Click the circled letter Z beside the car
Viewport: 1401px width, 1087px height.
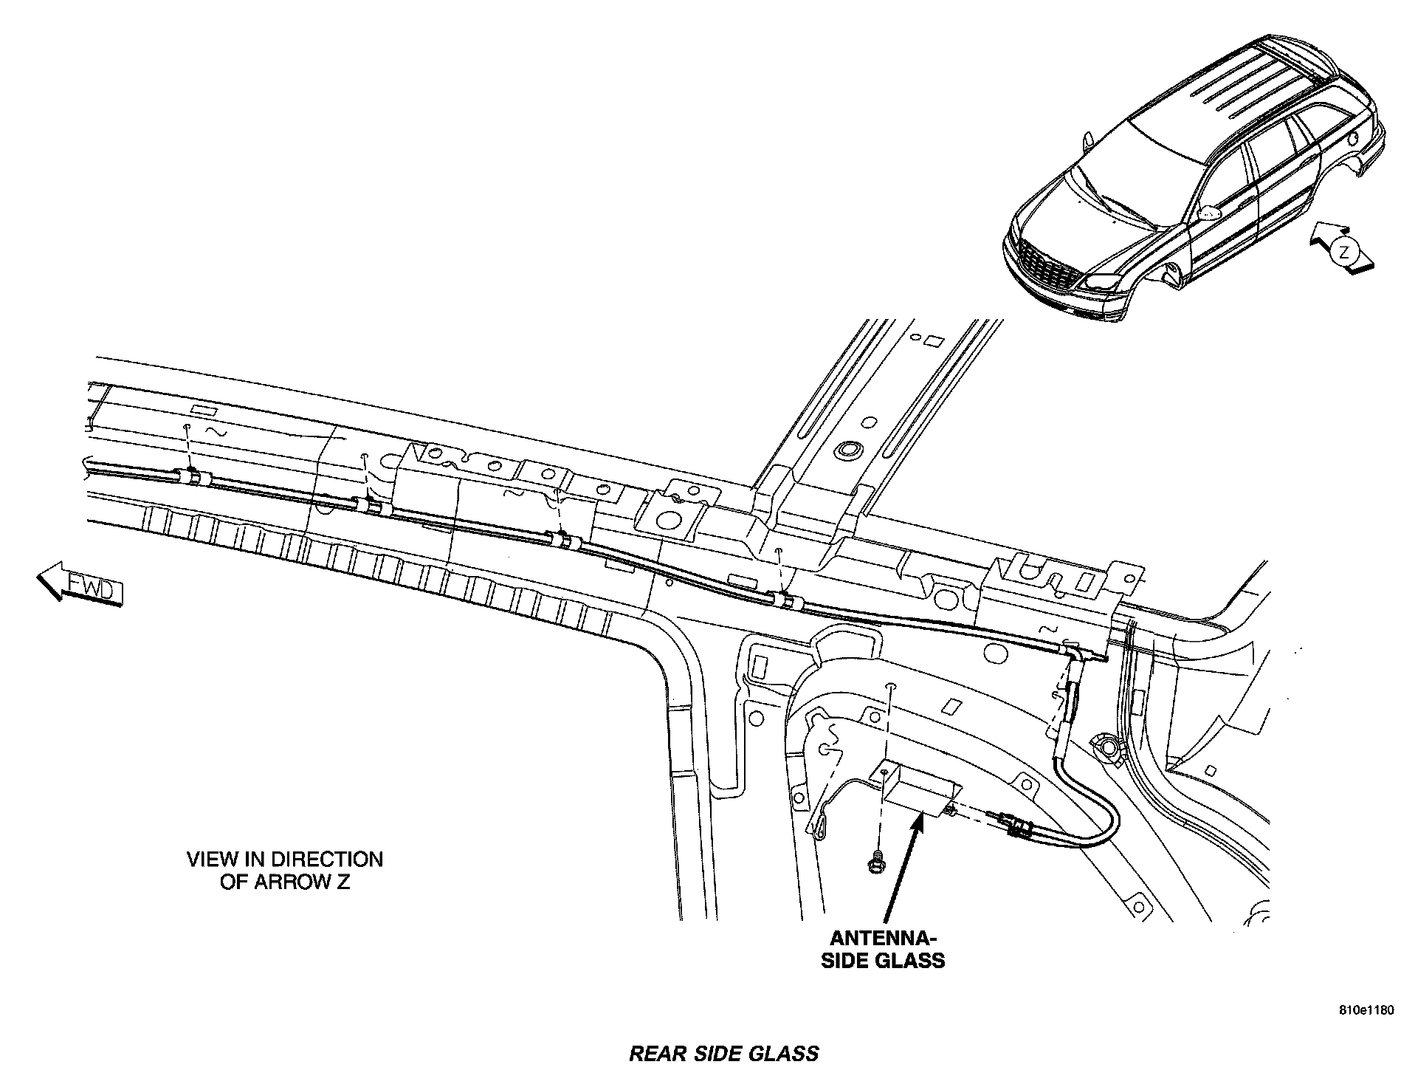[x=1344, y=252]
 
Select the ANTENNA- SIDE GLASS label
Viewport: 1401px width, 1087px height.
[x=883, y=949]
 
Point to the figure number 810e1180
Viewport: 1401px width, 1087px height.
[x=1368, y=1011]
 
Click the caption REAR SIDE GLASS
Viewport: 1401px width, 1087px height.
[x=723, y=1053]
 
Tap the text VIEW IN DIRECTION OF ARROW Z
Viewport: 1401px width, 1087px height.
[x=285, y=871]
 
